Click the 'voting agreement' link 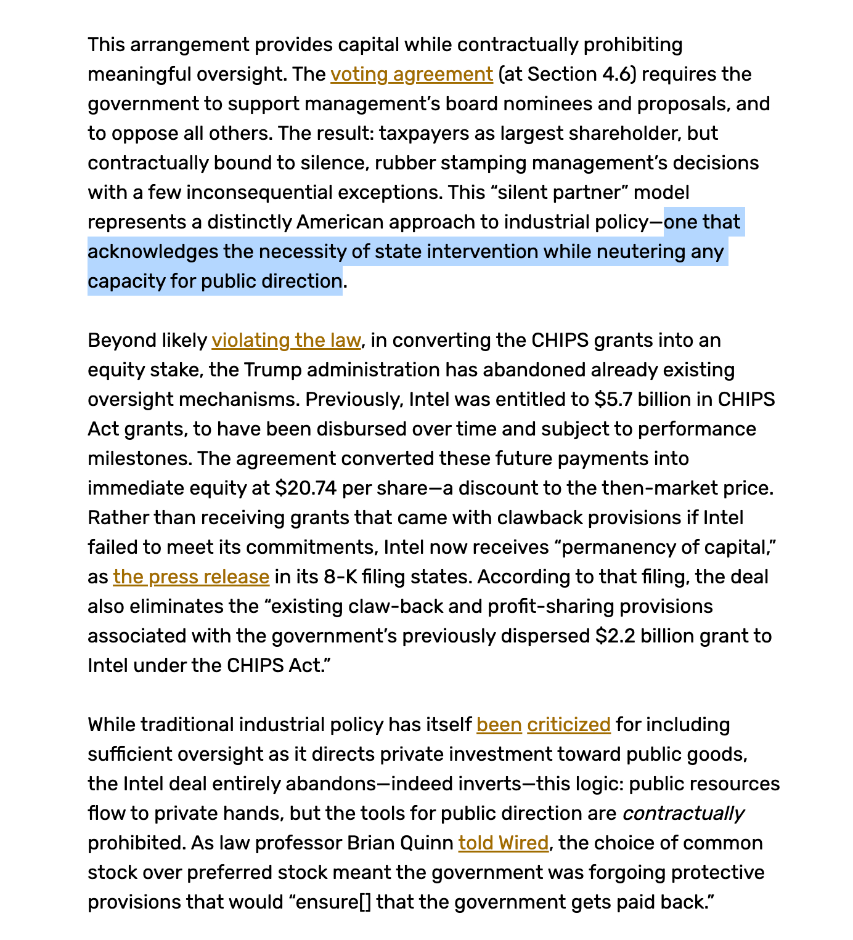[x=412, y=75]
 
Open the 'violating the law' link [x=286, y=341]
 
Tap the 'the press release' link [x=191, y=577]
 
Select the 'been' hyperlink [x=499, y=725]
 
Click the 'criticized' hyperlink [x=569, y=725]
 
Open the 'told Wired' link [x=503, y=843]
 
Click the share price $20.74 [x=306, y=488]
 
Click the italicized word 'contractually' [x=683, y=814]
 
